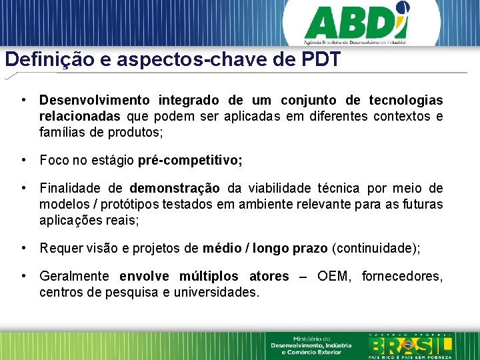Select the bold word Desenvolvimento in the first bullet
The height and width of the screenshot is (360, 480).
tap(95, 101)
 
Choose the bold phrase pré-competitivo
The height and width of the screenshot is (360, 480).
tap(190, 161)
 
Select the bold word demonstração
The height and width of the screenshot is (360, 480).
tap(175, 189)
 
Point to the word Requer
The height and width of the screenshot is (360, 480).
tap(60, 249)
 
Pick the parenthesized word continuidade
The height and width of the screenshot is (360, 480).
tap(375, 249)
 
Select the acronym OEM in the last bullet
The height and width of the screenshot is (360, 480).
tap(335, 277)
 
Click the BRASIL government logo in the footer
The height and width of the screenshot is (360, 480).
tap(411, 345)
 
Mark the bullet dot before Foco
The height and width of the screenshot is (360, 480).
tap(24, 161)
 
